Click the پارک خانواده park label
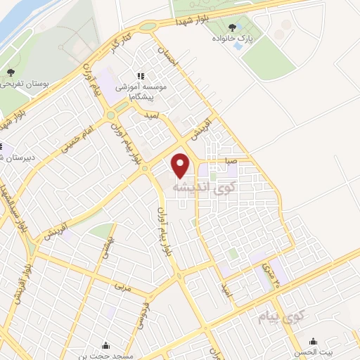(x=232, y=38)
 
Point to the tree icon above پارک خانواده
(x=232, y=27)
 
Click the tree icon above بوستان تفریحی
(x=10, y=72)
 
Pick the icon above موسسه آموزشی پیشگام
(x=140, y=75)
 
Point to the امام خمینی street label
(x=77, y=136)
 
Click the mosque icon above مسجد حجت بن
(x=105, y=345)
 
